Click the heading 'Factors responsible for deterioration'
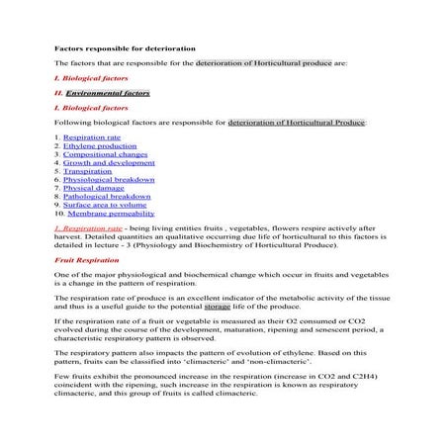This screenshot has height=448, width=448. tap(125, 47)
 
